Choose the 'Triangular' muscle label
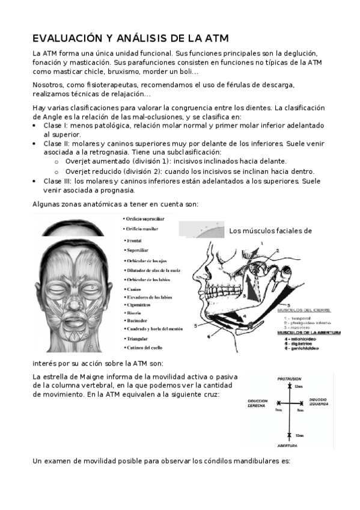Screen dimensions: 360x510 click(138, 339)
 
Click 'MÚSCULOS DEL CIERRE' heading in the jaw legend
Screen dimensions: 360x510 click(308, 311)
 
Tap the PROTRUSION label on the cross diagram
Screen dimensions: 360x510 click(288, 379)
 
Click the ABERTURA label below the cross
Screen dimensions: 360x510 click(288, 446)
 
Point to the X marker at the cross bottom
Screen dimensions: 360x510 click(289, 434)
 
